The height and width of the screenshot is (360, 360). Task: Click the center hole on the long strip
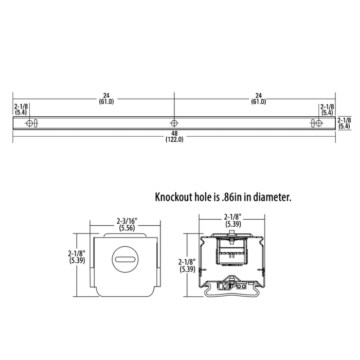[x=174, y=123]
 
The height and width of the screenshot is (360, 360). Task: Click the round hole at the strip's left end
[x=29, y=123]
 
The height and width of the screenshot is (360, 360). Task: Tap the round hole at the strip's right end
[x=319, y=123]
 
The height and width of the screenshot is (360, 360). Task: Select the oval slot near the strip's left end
[x=35, y=123]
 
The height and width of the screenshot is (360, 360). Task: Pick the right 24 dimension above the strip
[x=258, y=96]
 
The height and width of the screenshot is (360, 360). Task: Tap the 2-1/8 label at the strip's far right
[x=344, y=120]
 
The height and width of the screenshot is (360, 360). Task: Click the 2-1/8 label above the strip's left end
[x=21, y=106]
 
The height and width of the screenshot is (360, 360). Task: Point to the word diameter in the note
[x=274, y=197]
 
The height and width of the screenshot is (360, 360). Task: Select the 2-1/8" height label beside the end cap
[x=77, y=253]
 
